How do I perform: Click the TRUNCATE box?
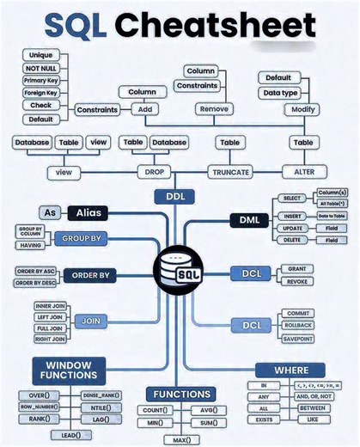pyautogui.click(x=229, y=172)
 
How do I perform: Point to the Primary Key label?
pyautogui.click(x=40, y=80)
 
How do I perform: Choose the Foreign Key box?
pyautogui.click(x=40, y=93)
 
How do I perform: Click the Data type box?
pyautogui.click(x=279, y=92)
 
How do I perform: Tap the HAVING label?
pyautogui.click(x=29, y=245)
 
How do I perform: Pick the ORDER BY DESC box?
pyautogui.click(x=34, y=283)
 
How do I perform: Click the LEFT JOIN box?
pyautogui.click(x=50, y=317)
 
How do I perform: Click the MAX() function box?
pyautogui.click(x=181, y=440)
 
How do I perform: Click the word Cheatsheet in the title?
pyautogui.click(x=215, y=26)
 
